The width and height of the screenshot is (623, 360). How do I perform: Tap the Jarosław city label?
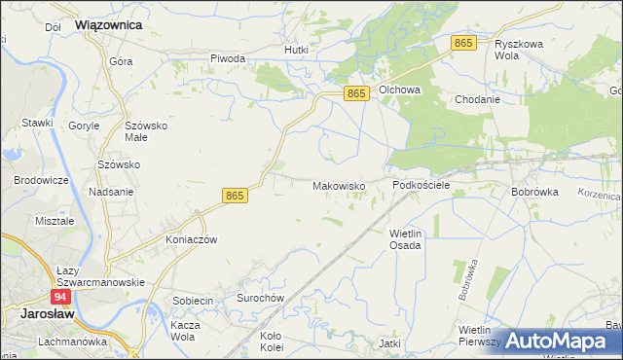tap(42, 313)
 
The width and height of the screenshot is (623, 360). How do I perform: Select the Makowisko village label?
tap(338, 185)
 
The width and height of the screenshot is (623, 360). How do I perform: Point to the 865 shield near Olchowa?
tap(357, 92)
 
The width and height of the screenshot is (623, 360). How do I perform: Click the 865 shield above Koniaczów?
tap(235, 195)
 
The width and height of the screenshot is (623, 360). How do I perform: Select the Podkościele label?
tap(421, 184)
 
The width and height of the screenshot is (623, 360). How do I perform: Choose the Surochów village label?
tap(260, 298)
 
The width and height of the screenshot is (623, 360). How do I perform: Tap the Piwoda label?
tap(228, 58)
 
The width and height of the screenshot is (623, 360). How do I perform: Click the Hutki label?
tap(296, 49)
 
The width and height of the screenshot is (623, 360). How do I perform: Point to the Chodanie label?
tap(477, 99)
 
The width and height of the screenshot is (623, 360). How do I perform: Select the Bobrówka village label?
tap(534, 192)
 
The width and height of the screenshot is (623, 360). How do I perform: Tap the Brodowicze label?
tap(40, 181)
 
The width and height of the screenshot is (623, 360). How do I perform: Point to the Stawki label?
tap(37, 123)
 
